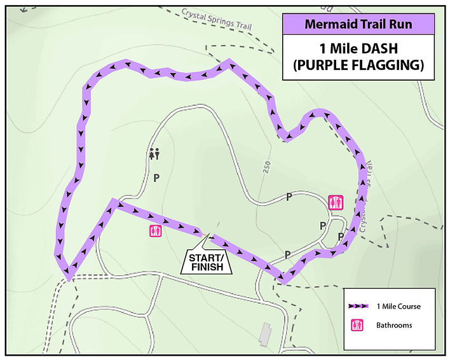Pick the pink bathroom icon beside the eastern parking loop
point(336,202)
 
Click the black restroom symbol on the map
point(154,153)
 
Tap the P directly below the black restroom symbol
point(155,179)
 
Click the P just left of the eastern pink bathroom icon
point(289,197)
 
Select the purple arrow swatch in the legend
point(360,306)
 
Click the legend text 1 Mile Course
point(399,307)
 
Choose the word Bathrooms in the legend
point(395,325)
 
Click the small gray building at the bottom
point(265,331)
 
